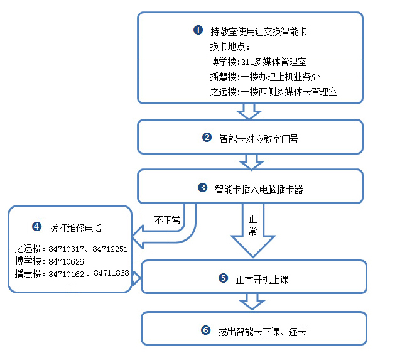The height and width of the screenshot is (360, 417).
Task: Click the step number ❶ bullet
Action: (198, 30)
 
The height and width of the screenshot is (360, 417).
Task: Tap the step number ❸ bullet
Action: (202, 187)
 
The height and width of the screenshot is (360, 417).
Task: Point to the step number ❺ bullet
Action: (223, 278)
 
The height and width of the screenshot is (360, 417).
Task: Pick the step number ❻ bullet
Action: (205, 330)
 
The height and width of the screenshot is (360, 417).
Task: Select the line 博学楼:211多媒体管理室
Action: (259, 62)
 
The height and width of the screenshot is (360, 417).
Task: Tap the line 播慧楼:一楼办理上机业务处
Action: (266, 77)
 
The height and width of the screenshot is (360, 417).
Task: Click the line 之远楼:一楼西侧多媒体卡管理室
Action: (274, 92)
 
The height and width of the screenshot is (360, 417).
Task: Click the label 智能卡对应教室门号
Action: (259, 138)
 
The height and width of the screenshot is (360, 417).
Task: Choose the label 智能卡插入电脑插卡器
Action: (259, 188)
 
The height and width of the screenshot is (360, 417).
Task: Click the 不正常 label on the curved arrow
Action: (167, 220)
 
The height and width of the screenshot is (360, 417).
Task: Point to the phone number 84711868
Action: (112, 273)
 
